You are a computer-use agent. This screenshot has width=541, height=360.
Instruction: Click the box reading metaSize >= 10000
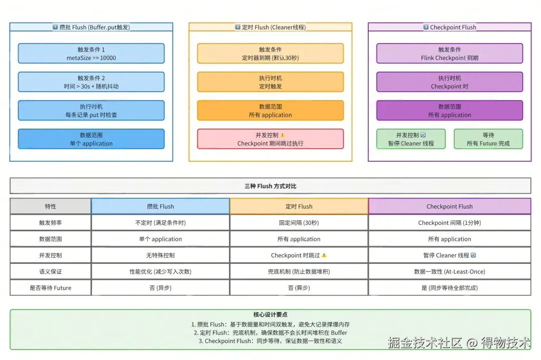click(x=91, y=54)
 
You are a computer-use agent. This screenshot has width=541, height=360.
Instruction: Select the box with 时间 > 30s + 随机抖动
click(x=91, y=82)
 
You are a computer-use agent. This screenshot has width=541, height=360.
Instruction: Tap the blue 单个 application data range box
click(x=91, y=139)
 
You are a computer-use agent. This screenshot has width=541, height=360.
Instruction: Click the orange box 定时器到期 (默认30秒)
click(x=270, y=54)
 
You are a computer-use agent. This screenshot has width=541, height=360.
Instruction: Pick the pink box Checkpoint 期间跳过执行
click(x=270, y=139)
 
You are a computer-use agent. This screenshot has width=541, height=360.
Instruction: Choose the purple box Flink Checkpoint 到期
click(x=449, y=54)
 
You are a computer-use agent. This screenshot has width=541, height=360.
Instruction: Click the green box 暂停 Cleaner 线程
click(x=411, y=139)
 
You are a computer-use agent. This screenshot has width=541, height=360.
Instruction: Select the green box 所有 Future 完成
click(x=488, y=139)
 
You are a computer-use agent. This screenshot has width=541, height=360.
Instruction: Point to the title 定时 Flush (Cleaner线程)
click(x=270, y=28)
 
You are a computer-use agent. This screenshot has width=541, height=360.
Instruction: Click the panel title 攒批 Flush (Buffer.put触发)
click(x=91, y=28)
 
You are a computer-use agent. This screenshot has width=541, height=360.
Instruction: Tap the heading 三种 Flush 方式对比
click(x=270, y=186)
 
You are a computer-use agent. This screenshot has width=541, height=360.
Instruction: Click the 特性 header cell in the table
click(x=51, y=206)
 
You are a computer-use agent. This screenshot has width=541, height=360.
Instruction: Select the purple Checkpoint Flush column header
click(x=449, y=206)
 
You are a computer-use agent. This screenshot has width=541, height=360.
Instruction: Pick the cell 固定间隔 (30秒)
click(x=299, y=223)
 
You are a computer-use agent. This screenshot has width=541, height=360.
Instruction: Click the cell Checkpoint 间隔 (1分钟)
click(x=449, y=223)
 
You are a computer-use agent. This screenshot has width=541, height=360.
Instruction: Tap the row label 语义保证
click(x=51, y=271)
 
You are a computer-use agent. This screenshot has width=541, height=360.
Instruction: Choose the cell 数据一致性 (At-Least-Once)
click(x=449, y=271)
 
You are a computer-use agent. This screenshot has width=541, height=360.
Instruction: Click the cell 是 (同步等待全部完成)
click(x=449, y=288)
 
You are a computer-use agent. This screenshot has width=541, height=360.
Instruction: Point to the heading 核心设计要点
click(x=270, y=315)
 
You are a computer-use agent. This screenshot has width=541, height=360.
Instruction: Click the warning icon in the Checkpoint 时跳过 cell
click(x=324, y=255)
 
